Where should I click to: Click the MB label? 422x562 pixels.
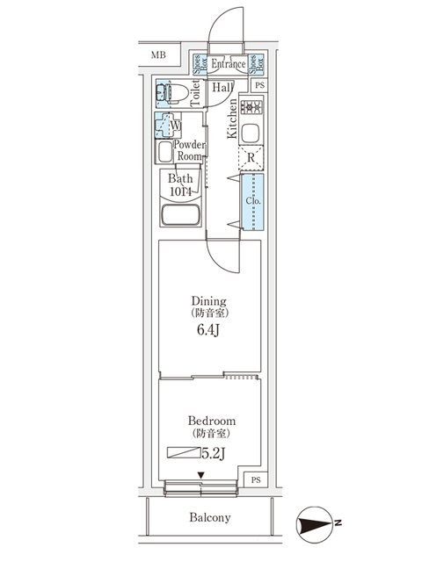coord(157,55)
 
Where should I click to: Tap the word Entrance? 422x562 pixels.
coord(228,64)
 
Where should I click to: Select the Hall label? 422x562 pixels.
coord(221,88)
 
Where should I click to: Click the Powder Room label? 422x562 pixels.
coord(189,150)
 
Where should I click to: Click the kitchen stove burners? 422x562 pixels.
coord(251,109)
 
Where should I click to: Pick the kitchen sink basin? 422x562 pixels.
coord(250,134)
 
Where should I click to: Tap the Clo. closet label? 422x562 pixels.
coord(251,200)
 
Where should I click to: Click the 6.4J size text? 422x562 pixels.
coord(208,331)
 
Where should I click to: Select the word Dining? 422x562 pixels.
coord(209,299)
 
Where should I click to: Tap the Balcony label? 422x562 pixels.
coord(210,517)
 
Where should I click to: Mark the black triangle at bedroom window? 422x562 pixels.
coord(201,476)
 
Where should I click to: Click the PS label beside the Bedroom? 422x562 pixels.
coord(255,480)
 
